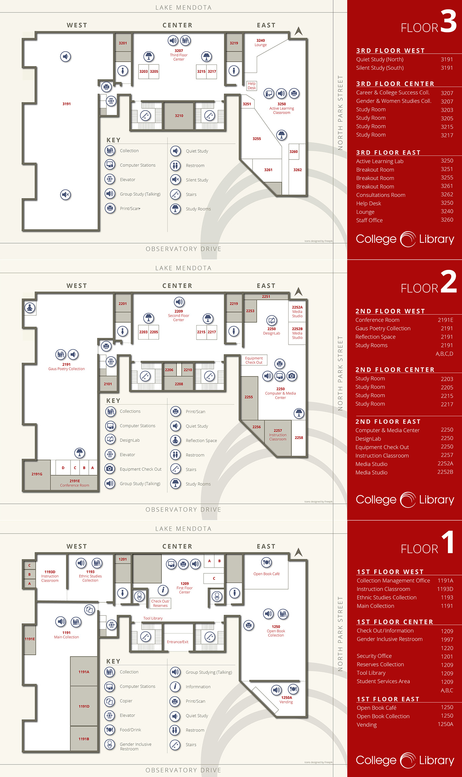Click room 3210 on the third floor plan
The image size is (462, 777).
(x=179, y=116)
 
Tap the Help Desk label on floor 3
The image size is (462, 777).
(x=252, y=86)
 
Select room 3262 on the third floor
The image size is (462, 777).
(x=297, y=170)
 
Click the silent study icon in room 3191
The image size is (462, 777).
(x=66, y=195)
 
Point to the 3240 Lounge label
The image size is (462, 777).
(x=261, y=42)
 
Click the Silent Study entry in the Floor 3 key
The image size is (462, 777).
(x=197, y=180)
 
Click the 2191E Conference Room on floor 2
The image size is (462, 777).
(x=75, y=483)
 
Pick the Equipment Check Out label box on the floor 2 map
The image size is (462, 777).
(x=254, y=360)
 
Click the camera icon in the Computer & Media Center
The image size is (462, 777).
(x=292, y=376)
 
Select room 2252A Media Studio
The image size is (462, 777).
(x=297, y=312)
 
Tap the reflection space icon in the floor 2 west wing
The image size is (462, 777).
(x=30, y=308)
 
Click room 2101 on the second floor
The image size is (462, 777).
(x=108, y=384)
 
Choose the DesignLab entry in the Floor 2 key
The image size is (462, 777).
(x=129, y=440)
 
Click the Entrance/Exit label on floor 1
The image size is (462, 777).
(x=177, y=642)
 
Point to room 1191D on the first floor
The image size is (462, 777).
(x=84, y=706)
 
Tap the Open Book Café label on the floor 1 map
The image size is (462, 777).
(x=266, y=574)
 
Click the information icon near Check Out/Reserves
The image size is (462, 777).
(x=163, y=590)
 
